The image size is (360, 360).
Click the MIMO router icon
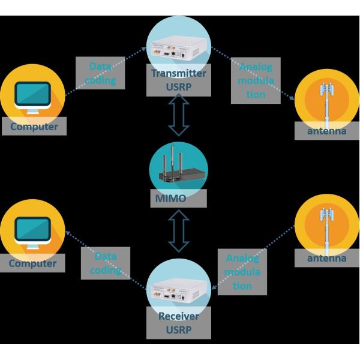pyautogui.click(x=178, y=167)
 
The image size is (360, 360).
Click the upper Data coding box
pyautogui.click(x=100, y=73)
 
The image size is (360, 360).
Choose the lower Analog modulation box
pyautogui.click(x=242, y=272)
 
